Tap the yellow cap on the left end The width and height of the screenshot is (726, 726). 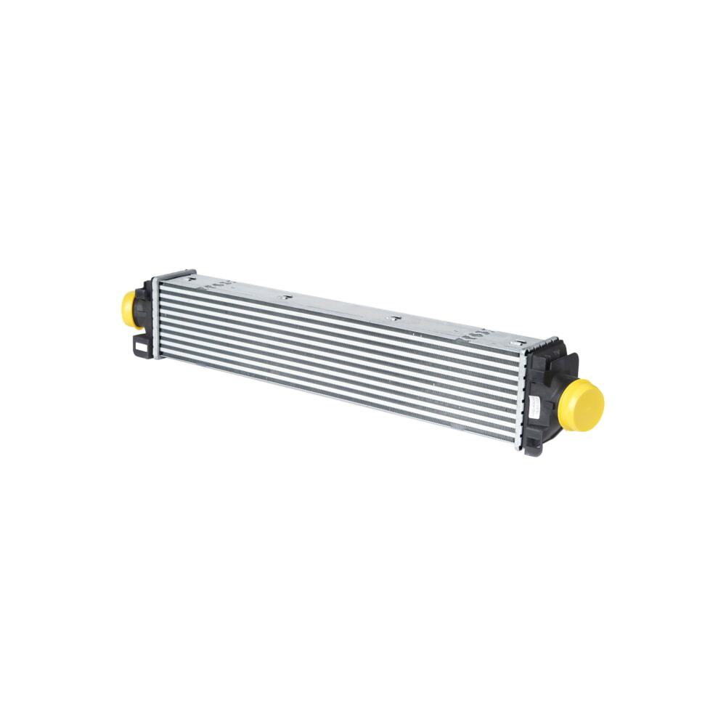(x=131, y=309)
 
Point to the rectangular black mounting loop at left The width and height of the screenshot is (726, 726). (x=139, y=346)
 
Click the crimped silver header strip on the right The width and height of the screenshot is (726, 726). (x=522, y=399)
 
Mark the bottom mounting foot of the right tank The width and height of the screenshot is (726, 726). (x=533, y=447)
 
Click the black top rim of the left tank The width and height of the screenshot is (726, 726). (x=174, y=274)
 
